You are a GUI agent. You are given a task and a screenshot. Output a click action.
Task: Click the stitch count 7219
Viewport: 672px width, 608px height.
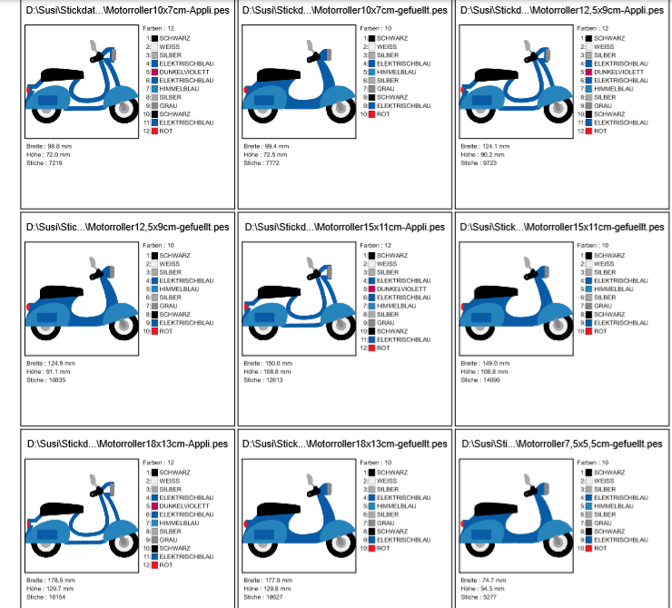(x=54, y=163)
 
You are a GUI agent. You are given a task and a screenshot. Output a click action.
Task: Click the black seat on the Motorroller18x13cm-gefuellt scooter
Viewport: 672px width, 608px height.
(x=278, y=509)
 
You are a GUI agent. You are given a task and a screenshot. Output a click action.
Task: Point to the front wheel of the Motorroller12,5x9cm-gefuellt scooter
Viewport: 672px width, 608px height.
(x=124, y=327)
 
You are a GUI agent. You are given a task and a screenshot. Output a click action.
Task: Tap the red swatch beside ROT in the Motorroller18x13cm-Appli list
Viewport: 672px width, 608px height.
(x=154, y=565)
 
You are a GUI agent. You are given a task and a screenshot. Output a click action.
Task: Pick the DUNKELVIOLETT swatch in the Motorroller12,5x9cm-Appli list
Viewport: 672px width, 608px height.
(x=589, y=73)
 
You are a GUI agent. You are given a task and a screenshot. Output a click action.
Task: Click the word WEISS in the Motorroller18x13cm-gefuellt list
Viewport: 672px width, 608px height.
(x=387, y=481)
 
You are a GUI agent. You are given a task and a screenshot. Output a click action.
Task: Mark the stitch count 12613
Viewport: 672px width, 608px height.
(x=273, y=380)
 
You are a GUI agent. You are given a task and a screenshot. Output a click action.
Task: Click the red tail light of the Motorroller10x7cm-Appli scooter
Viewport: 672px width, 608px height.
(x=28, y=90)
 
